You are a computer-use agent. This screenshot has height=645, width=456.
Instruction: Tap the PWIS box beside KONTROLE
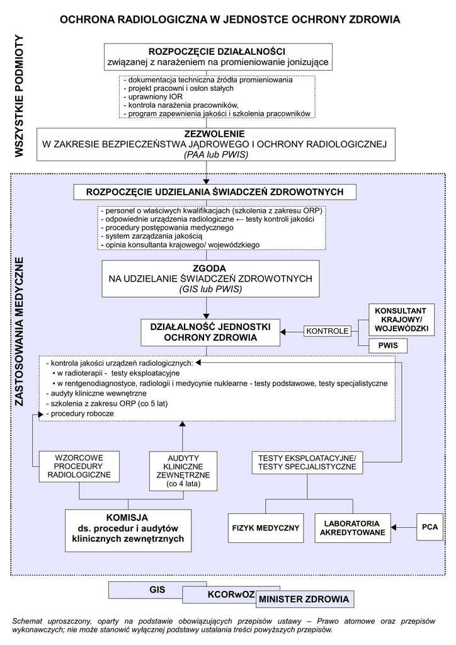click(387, 346)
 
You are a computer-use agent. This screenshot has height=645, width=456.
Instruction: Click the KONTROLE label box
click(327, 331)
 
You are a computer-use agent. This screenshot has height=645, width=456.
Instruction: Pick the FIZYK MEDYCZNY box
click(266, 527)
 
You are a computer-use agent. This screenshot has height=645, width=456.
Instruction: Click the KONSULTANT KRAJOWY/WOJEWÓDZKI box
click(401, 320)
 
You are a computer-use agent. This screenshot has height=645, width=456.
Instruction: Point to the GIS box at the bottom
click(157, 590)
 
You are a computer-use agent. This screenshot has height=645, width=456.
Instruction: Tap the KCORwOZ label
click(230, 595)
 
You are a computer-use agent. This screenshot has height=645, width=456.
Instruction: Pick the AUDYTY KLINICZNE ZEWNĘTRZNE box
click(183, 471)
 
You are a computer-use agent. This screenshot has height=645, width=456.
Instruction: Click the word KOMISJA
click(128, 517)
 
